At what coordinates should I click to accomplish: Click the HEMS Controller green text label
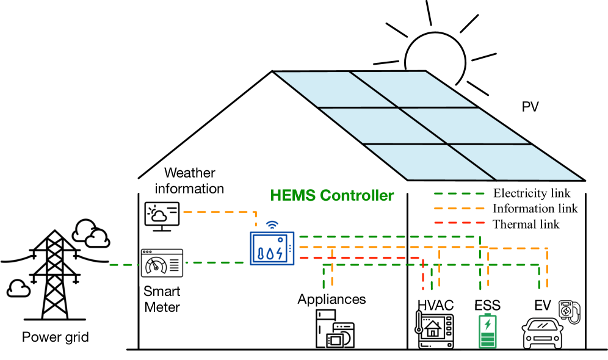pyautogui.click(x=332, y=196)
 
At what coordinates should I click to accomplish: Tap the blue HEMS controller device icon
pyautogui.click(x=272, y=247)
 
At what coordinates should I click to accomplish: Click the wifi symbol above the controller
pyautogui.click(x=272, y=225)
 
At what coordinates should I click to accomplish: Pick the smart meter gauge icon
pyautogui.click(x=162, y=263)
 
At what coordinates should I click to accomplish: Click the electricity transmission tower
pyautogui.click(x=55, y=275)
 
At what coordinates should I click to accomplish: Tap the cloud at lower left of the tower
pyautogui.click(x=18, y=287)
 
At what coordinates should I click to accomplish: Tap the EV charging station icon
pyautogui.click(x=568, y=311)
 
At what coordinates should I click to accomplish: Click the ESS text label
pyautogui.click(x=487, y=306)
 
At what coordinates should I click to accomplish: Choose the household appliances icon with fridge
pyautogui.click(x=335, y=328)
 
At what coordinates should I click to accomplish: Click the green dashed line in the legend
pyautogui.click(x=459, y=193)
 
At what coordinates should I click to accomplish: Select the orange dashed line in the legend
pyautogui.click(x=459, y=208)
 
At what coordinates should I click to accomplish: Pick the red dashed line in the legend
pyautogui.click(x=459, y=223)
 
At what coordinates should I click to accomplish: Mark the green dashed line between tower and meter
pyautogui.click(x=125, y=265)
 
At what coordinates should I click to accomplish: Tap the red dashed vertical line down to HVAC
pyautogui.click(x=422, y=275)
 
